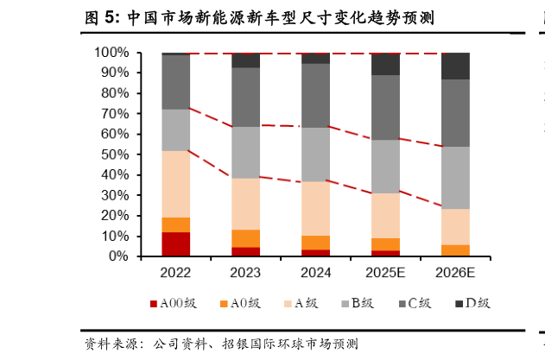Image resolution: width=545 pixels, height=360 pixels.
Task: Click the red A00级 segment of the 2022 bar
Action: (x=175, y=243)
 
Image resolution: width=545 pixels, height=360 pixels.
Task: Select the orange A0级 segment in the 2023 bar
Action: (x=245, y=238)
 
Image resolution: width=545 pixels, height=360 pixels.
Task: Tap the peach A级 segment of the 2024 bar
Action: (x=315, y=208)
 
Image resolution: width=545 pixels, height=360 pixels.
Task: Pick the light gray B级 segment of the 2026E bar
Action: (x=455, y=178)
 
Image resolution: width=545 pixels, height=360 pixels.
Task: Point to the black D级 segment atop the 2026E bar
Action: (x=455, y=66)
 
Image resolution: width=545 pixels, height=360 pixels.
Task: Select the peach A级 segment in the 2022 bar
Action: (x=175, y=184)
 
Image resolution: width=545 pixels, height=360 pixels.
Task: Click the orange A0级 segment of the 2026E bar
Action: (x=455, y=250)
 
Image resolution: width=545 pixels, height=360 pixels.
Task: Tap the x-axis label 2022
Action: (x=175, y=274)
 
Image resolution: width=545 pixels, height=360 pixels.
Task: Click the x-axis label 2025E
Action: (x=385, y=274)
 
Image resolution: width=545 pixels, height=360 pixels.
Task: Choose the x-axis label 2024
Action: (x=315, y=274)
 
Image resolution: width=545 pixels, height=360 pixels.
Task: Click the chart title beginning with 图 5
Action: (x=259, y=16)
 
